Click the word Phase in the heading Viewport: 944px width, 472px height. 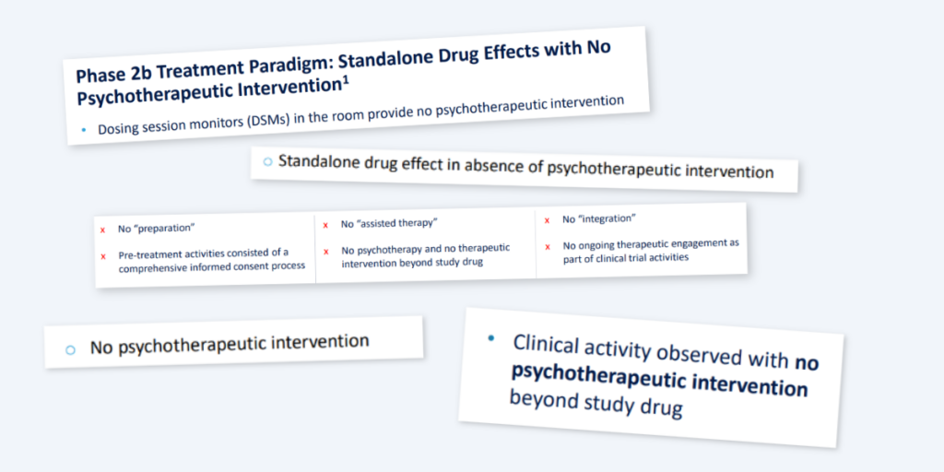point(99,76)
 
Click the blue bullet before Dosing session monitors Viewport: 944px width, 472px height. point(84,129)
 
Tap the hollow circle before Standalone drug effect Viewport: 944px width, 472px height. point(268,162)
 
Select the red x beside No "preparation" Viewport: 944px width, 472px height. point(103,230)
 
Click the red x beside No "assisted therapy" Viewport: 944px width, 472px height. point(325,226)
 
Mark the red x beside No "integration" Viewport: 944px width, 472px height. point(547,221)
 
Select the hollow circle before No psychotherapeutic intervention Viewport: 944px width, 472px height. point(70,349)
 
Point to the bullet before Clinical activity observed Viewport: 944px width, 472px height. point(491,338)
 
